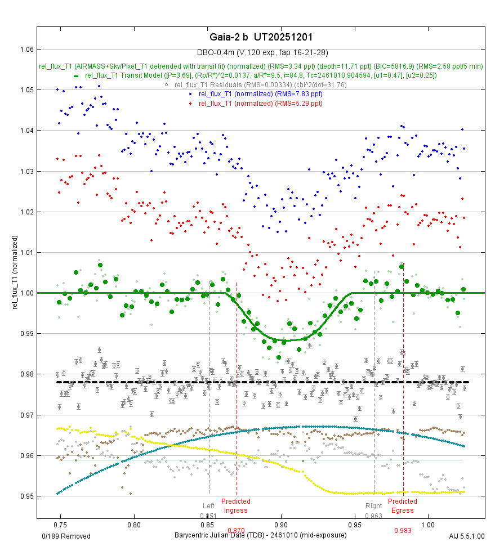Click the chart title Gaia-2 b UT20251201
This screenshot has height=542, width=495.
coord(260,37)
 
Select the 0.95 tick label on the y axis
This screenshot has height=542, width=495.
coord(25,496)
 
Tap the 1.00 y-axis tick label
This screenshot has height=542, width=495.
coord(25,293)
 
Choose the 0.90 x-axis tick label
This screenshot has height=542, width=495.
coord(280,523)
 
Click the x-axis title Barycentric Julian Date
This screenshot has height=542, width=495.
coord(260,536)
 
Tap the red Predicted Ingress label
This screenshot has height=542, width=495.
coord(236,506)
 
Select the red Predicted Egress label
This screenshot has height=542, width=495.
coord(403,506)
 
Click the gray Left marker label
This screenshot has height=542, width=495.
coord(209,506)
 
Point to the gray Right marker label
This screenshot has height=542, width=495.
coord(373,506)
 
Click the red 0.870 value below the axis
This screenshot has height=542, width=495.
coord(236,530)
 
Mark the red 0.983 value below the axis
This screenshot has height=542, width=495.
coord(403,530)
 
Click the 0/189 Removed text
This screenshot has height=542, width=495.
coord(66,536)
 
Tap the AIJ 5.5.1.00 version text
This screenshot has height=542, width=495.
coord(466,536)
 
